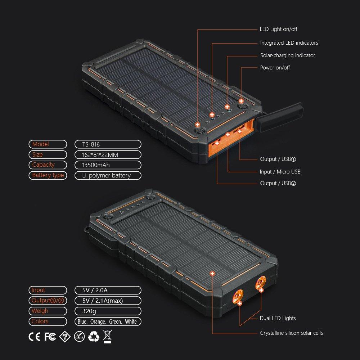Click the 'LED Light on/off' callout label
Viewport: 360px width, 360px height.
click(278, 29)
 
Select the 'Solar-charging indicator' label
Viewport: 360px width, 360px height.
click(287, 55)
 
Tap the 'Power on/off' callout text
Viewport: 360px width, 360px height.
click(275, 68)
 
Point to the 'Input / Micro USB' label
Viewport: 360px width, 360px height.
click(280, 171)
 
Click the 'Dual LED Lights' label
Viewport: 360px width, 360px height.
click(278, 318)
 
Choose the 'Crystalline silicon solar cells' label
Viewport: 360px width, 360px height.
click(291, 333)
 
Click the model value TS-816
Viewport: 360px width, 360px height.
click(91, 144)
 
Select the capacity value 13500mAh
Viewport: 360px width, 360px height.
click(96, 165)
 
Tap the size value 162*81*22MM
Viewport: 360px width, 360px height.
click(100, 155)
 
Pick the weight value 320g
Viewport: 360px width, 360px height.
click(89, 311)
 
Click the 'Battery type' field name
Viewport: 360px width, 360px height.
click(48, 175)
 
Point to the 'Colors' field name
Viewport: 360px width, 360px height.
click(40, 321)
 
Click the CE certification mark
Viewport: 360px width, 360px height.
click(35, 337)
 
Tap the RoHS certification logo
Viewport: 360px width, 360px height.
click(80, 337)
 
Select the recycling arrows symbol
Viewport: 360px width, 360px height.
click(94, 337)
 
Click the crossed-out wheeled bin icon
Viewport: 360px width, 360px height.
click(107, 337)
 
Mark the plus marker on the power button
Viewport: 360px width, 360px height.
click(241, 101)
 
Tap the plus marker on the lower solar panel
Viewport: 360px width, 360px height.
click(212, 274)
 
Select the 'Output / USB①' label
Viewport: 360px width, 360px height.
click(278, 159)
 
